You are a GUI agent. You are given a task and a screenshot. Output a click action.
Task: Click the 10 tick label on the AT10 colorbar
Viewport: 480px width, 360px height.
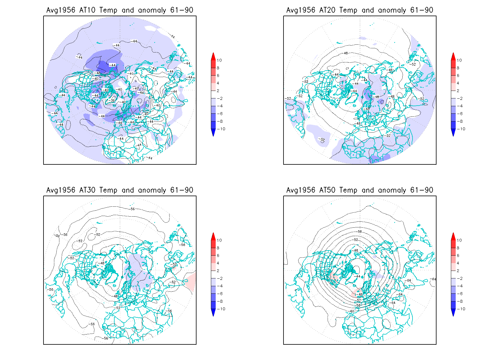(x=219, y=60)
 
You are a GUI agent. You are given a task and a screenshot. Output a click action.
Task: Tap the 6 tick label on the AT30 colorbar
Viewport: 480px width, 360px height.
(x=218, y=256)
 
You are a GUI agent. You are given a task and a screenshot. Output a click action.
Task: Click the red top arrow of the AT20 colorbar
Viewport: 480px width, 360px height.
(x=453, y=56)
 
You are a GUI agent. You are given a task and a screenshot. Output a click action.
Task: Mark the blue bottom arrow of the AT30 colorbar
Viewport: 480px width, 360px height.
(x=213, y=313)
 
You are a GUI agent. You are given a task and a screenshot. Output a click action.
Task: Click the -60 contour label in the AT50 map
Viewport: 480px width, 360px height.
(x=352, y=311)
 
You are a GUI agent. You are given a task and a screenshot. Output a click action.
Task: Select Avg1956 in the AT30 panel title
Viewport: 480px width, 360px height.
(x=61, y=190)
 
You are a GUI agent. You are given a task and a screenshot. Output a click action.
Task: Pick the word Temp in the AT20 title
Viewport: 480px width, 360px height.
(x=348, y=10)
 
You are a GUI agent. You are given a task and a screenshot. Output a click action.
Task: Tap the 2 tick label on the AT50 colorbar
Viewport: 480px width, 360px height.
(x=458, y=271)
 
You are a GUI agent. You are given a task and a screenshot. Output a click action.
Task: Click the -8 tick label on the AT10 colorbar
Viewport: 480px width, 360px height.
(x=220, y=121)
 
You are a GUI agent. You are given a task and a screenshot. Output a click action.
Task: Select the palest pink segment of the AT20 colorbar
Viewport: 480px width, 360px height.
(x=453, y=87)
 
